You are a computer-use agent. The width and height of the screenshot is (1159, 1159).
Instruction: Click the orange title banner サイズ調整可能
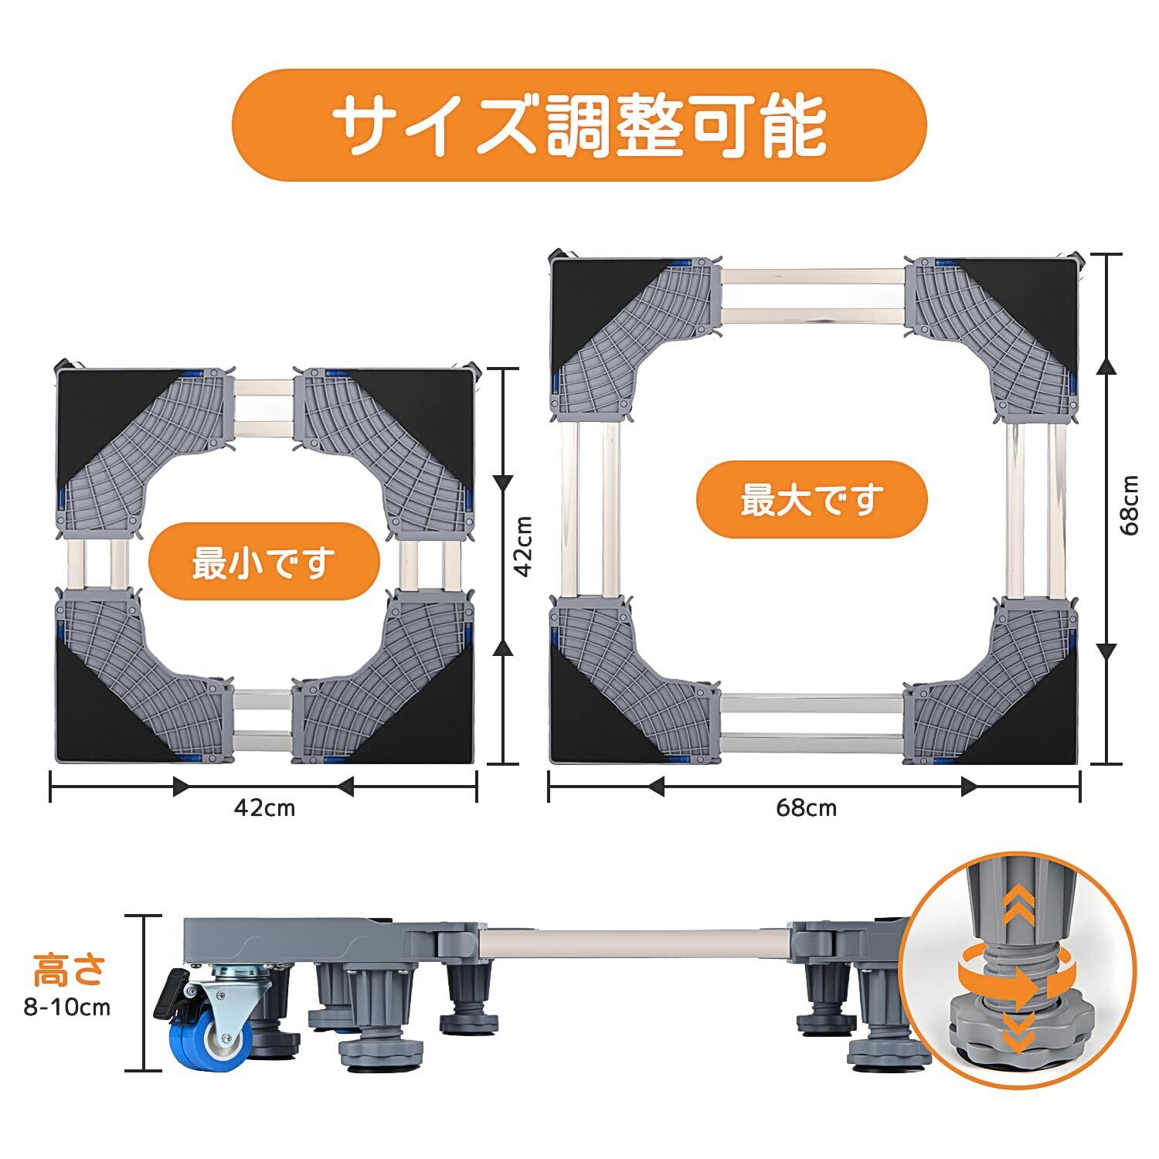point(579,125)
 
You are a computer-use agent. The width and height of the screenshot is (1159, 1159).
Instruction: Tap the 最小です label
point(263,562)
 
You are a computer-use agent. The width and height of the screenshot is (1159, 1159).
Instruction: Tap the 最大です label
point(811,500)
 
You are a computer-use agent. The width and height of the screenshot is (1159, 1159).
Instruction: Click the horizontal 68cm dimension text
point(807,808)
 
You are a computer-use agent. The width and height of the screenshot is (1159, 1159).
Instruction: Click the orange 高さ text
point(70,970)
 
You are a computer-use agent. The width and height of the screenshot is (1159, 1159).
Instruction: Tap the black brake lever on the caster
point(172,993)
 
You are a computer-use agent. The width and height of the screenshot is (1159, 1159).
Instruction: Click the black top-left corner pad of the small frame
point(100,410)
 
